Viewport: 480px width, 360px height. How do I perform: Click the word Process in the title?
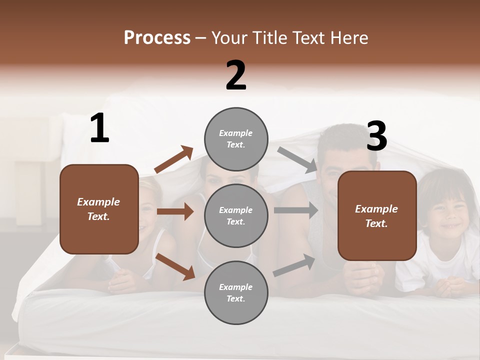tap(157, 38)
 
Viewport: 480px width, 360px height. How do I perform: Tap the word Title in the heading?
tap(269, 38)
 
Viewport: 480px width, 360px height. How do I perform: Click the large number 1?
tap(99, 128)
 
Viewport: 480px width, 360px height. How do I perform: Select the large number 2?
tap(236, 75)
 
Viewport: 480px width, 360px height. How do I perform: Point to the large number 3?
tap(376, 136)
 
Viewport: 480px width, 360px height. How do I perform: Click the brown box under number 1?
tap(99, 209)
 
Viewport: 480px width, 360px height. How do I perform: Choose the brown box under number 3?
tap(377, 215)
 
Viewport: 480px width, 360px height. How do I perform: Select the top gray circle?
tap(236, 139)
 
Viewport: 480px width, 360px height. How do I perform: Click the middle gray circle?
tap(236, 215)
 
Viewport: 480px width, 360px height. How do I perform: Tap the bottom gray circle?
tap(236, 292)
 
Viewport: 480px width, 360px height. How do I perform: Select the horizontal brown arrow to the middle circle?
tap(175, 211)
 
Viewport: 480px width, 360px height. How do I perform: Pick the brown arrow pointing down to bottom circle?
tap(175, 266)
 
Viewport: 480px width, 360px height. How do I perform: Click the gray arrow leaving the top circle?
tap(297, 159)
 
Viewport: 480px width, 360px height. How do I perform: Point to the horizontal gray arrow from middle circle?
tap(296, 210)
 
